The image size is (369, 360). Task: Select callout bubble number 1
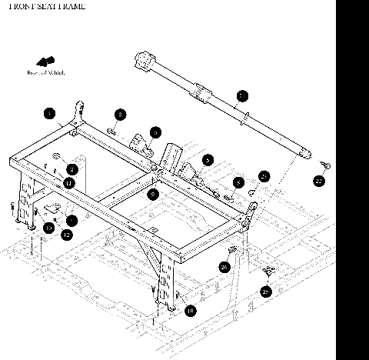tap(49, 115)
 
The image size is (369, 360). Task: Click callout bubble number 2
tap(71, 168)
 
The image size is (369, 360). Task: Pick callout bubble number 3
tap(121, 115)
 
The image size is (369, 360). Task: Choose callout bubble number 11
tap(68, 182)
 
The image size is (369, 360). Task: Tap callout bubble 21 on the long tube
tap(241, 96)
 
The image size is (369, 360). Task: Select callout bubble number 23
tap(264, 176)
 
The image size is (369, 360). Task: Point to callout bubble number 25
tap(266, 292)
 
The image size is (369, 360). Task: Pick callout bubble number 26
tap(224, 266)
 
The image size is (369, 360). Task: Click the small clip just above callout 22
tap(326, 163)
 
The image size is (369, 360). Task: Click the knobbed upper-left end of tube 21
tap(143, 58)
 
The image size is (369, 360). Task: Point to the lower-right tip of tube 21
tap(304, 154)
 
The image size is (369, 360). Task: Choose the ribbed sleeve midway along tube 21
tap(201, 92)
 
